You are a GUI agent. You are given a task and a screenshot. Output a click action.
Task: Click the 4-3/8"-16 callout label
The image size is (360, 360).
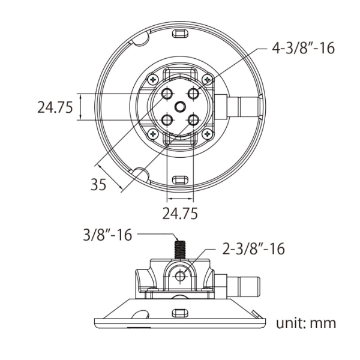(x=303, y=49)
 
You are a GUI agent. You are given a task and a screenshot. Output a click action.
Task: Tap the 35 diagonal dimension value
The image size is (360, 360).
(x=98, y=184)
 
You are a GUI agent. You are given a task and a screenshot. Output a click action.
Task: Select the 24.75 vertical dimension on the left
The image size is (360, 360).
(x=55, y=107)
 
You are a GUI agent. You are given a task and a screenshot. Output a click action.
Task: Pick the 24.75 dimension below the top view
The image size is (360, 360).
(x=180, y=213)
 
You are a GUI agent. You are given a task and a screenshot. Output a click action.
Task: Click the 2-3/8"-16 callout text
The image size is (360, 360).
(x=253, y=248)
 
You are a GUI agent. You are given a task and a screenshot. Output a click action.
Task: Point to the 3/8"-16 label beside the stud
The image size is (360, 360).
(x=107, y=235)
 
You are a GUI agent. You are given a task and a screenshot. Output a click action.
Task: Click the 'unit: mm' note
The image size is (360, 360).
(x=306, y=323)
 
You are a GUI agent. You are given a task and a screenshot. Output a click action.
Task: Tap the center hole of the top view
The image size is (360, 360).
(x=180, y=107)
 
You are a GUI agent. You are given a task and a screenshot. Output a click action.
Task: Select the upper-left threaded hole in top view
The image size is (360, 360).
(x=167, y=94)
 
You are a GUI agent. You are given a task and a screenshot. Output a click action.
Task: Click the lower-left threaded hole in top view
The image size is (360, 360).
(x=167, y=120)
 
